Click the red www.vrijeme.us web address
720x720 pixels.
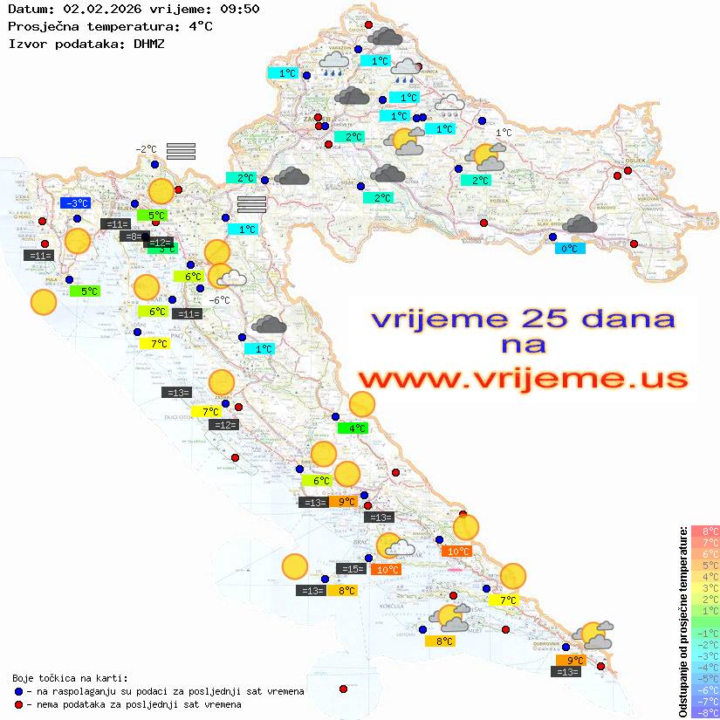[522, 378]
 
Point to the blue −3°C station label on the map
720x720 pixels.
[76, 203]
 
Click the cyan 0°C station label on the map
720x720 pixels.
[570, 249]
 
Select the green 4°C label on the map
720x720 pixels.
[353, 429]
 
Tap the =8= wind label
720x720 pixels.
[131, 237]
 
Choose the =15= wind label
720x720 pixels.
[351, 569]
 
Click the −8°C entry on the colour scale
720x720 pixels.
[704, 712]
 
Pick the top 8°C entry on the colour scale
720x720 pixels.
[704, 531]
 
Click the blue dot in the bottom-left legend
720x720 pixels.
[19, 691]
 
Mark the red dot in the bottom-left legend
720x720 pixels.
[19, 703]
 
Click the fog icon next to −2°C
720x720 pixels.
[180, 151]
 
